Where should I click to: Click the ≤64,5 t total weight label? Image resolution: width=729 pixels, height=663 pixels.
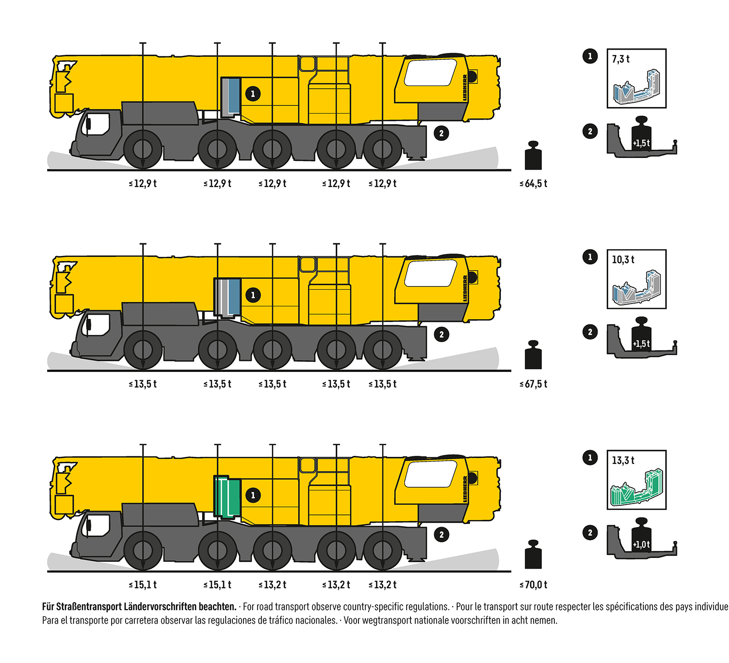pyautogui.click(x=533, y=184)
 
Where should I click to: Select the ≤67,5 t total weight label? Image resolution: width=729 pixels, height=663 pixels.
pyautogui.click(x=533, y=384)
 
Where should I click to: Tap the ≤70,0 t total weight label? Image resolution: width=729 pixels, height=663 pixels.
pyautogui.click(x=533, y=585)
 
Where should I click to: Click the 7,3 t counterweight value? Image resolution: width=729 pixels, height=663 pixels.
pyautogui.click(x=621, y=59)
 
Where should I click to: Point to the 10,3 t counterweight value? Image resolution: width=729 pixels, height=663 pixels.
pyautogui.click(x=623, y=260)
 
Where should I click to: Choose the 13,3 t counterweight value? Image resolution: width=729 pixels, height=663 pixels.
pyautogui.click(x=623, y=461)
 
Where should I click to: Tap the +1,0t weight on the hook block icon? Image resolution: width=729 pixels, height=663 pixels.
pyautogui.click(x=641, y=544)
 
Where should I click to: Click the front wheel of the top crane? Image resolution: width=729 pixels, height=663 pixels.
pyautogui.click(x=143, y=149)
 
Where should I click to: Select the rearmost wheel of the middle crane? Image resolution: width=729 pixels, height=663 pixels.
pyautogui.click(x=383, y=350)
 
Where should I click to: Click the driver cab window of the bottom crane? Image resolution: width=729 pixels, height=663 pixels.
pyautogui.click(x=98, y=525)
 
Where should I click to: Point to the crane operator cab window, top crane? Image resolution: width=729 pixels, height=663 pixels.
pyautogui.click(x=430, y=72)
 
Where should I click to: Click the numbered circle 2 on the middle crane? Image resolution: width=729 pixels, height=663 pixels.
pyautogui.click(x=441, y=334)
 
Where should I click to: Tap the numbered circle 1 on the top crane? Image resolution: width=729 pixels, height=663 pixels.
pyautogui.click(x=253, y=93)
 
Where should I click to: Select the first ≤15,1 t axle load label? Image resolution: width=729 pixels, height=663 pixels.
pyautogui.click(x=143, y=585)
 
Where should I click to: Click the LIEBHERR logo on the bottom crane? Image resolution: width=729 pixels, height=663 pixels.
pyautogui.click(x=465, y=489)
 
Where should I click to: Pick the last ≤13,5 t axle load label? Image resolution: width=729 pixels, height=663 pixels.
pyautogui.click(x=383, y=384)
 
